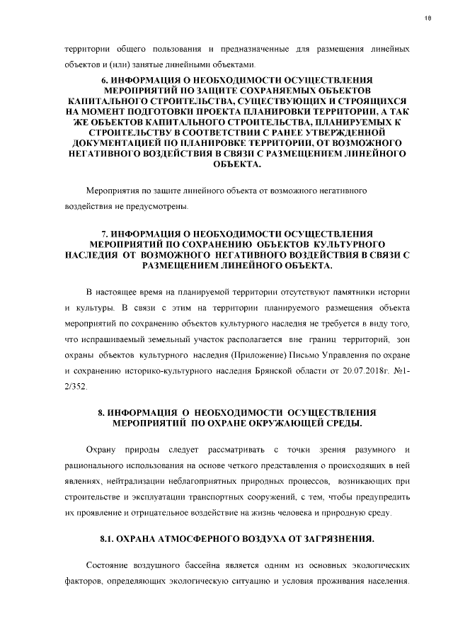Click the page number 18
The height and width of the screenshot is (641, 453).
(428, 19)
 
